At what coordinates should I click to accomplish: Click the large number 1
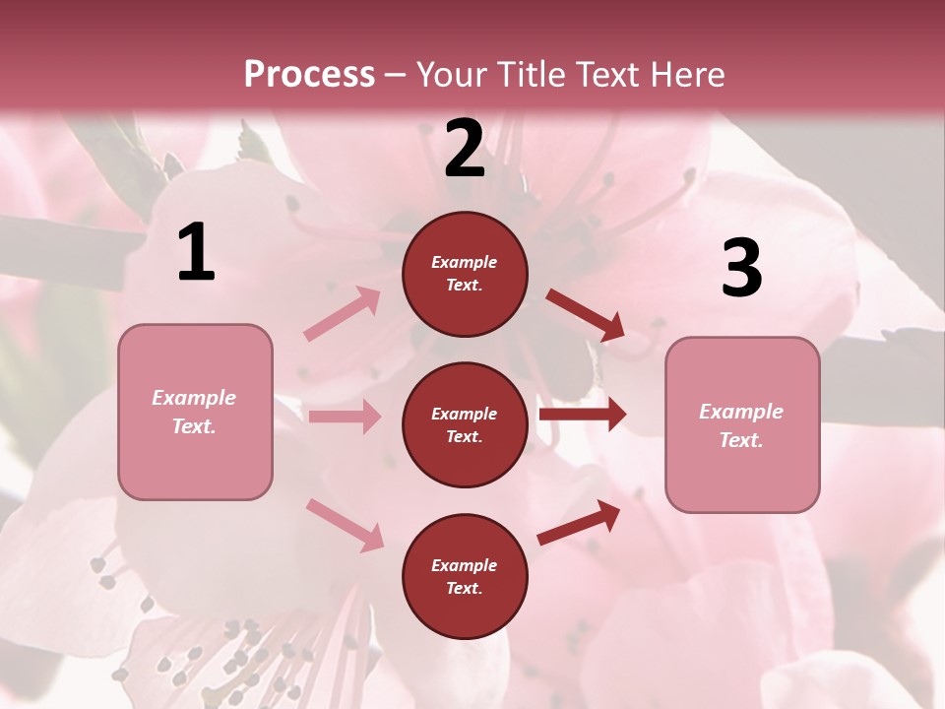coord(196,253)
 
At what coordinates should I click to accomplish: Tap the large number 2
coord(465,150)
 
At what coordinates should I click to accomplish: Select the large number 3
coord(741,269)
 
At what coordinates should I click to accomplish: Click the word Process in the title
coord(309,74)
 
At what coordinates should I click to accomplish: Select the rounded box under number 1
coord(195,412)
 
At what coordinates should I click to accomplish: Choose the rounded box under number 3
coord(742,424)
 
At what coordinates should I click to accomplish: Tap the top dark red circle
coord(465,274)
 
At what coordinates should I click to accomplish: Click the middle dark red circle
coord(465,424)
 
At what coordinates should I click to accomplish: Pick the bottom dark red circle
coord(465,576)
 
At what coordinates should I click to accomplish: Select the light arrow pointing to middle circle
coord(345,417)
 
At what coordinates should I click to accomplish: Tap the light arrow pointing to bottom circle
coord(346,524)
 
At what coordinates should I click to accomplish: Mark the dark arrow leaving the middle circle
coord(583,415)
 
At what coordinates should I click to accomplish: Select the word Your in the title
coord(451,74)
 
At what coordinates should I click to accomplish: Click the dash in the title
coord(396,75)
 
